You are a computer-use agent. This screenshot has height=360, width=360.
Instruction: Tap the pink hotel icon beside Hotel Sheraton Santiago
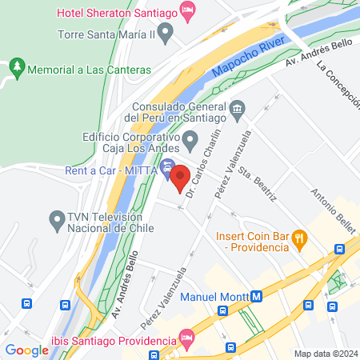(x=188, y=12)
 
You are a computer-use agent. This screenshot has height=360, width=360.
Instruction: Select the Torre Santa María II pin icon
(x=166, y=34)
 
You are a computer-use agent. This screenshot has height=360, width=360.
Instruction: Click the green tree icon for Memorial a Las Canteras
(x=17, y=70)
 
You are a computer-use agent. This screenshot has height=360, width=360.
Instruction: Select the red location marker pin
(x=179, y=178)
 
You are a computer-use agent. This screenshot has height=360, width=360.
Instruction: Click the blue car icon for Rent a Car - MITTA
(x=167, y=167)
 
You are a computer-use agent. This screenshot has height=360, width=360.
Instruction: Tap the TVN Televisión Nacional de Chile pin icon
(x=57, y=218)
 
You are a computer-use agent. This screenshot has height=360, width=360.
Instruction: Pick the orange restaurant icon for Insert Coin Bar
(x=298, y=237)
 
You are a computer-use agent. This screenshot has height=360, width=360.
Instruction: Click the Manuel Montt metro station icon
(x=256, y=296)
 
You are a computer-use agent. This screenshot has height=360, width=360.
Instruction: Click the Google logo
(x=26, y=350)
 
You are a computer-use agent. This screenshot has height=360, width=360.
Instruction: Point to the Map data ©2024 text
(x=324, y=354)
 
